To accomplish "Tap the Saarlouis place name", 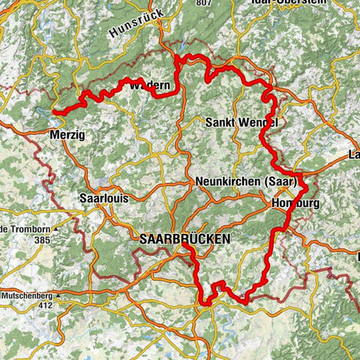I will [x=103, y=199].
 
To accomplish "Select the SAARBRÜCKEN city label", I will [x=184, y=238].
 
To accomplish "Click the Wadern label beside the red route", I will [x=154, y=87].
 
